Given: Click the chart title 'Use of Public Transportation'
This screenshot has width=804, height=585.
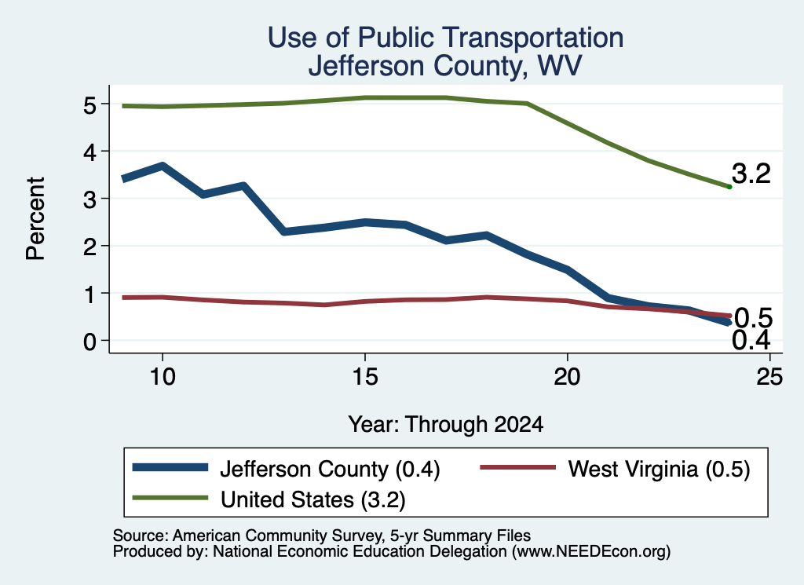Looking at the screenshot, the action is [445, 38].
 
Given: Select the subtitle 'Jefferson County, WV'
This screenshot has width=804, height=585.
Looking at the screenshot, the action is [445, 66].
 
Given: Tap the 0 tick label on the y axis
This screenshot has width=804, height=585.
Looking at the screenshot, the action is [90, 342].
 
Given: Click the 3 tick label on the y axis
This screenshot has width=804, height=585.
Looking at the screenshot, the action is [90, 199].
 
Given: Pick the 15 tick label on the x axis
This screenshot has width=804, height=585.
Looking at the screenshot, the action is [365, 378].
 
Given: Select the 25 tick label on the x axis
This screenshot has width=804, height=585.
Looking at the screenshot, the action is [769, 378].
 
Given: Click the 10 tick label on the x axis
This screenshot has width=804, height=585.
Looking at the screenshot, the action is [163, 378].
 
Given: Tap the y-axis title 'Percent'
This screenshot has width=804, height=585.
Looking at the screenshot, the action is [35, 218].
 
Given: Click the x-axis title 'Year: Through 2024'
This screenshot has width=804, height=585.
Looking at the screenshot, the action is [446, 425].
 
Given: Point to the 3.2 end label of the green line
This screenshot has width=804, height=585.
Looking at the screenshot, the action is [751, 174].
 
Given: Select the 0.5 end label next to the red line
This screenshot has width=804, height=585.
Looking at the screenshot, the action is [753, 318].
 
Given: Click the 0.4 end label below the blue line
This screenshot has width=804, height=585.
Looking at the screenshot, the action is [751, 341].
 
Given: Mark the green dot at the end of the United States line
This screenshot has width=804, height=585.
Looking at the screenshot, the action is [729, 187].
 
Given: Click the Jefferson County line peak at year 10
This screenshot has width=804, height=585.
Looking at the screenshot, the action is [163, 166].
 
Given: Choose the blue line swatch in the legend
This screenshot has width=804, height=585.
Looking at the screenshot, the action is [170, 467].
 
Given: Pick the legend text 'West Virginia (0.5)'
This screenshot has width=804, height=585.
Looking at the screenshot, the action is [659, 469].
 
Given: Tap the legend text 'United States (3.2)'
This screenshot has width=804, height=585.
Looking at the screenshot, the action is [312, 500].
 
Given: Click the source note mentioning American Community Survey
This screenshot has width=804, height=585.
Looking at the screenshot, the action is [321, 536].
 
